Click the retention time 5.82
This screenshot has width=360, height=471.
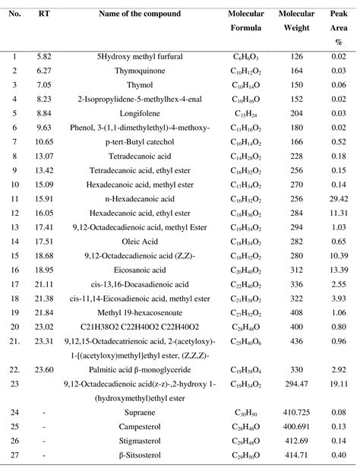(x=45, y=56)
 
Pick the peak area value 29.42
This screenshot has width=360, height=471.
(x=339, y=198)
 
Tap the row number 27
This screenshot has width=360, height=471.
(x=14, y=456)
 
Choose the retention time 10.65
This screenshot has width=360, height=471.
(x=45, y=141)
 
